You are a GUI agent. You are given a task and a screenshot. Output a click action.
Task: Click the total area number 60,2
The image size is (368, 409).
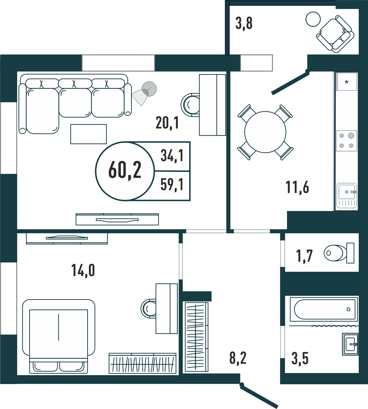(125, 170)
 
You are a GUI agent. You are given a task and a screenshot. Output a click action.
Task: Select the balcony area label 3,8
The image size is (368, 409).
(244, 23)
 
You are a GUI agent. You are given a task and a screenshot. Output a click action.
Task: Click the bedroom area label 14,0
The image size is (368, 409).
(83, 270)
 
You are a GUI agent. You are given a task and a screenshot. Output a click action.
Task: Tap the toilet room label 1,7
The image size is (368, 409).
(304, 256)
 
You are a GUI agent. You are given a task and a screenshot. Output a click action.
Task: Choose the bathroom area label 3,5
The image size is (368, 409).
(300, 359)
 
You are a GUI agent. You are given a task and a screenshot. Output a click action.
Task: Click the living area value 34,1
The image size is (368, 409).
(172, 156)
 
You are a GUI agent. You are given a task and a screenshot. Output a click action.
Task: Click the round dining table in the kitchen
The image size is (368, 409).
(265, 132)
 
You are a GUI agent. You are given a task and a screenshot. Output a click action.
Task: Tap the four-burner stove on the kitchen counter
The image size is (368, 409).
(346, 140)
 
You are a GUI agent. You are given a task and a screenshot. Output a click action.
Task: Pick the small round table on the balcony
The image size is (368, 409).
(313, 19)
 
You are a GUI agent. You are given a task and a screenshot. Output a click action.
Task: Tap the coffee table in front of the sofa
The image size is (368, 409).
(89, 134)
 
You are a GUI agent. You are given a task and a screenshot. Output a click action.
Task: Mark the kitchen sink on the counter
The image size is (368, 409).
(347, 196)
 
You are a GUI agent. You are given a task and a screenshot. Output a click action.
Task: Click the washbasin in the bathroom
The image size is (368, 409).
(350, 344)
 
